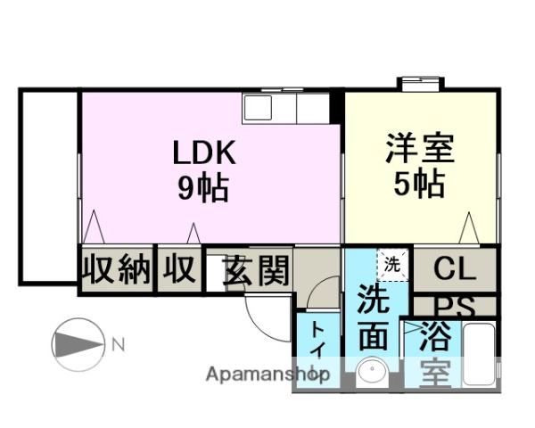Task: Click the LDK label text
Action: click(204, 152)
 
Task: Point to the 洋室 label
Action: click(420, 148)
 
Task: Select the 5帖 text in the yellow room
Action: click(420, 184)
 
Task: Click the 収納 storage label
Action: click(117, 269)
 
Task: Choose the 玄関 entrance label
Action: click(256, 270)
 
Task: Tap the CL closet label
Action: click(455, 267)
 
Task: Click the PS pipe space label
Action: click(455, 306)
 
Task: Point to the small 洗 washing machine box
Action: click(391, 263)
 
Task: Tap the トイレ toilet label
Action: click(317, 350)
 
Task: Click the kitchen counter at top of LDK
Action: click(286, 108)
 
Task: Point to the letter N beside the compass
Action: click(117, 342)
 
